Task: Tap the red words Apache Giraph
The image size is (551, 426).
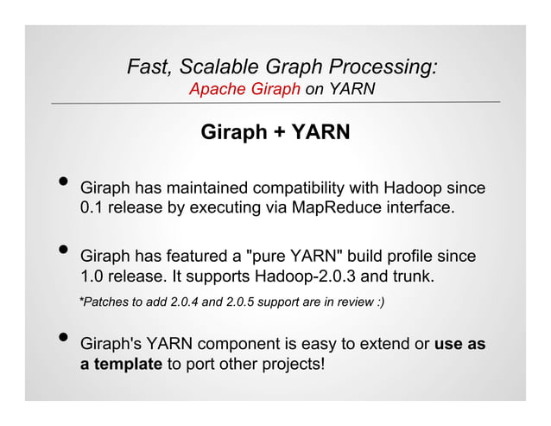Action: coord(244,89)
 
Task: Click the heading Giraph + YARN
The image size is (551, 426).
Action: coord(275,134)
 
